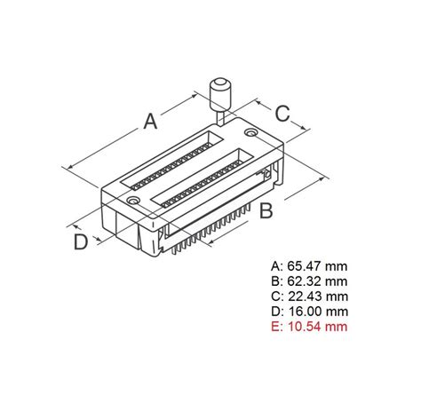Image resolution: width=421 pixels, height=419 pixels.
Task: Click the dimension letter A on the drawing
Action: (x=152, y=120)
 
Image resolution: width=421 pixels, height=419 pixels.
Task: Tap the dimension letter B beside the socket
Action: (x=265, y=211)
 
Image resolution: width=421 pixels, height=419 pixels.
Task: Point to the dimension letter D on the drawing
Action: (x=81, y=241)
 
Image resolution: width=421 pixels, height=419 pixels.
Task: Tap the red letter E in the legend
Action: (x=274, y=326)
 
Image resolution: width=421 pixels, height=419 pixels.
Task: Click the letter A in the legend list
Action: (x=274, y=265)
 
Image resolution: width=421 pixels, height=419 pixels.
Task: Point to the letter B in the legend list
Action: (x=274, y=281)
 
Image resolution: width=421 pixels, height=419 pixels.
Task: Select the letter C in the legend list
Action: (x=274, y=296)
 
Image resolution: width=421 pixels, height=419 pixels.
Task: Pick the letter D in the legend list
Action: (x=274, y=311)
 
